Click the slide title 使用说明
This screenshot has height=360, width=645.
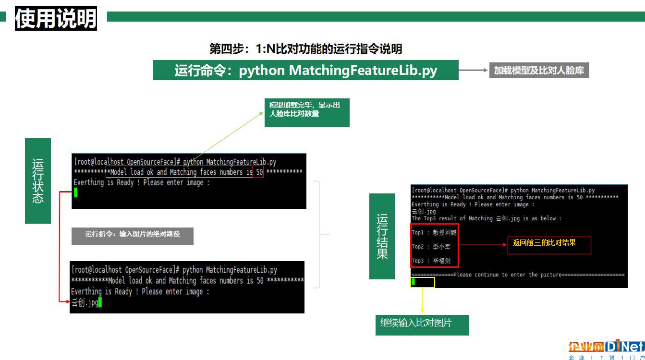click(x=56, y=18)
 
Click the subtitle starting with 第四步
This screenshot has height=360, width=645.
click(x=305, y=48)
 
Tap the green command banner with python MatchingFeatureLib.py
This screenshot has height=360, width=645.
click(x=305, y=70)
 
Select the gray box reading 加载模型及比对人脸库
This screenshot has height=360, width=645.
click(x=539, y=70)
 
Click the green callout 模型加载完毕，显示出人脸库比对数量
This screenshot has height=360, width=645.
click(x=307, y=112)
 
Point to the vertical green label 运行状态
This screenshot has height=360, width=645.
click(x=38, y=180)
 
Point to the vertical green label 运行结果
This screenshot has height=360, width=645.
click(x=382, y=236)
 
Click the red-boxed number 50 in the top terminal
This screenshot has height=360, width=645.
click(x=258, y=172)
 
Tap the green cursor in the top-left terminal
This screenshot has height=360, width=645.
click(x=75, y=192)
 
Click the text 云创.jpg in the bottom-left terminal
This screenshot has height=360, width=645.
click(x=85, y=302)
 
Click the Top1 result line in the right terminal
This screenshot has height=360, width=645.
click(x=434, y=232)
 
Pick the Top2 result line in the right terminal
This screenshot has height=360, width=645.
click(x=431, y=247)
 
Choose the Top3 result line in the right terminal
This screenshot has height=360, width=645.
click(x=431, y=261)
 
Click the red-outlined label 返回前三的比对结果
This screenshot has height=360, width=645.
click(x=549, y=245)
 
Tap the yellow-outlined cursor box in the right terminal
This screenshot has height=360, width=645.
click(x=423, y=282)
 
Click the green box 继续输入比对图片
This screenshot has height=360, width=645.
click(x=422, y=325)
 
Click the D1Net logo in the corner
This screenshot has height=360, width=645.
click(x=607, y=349)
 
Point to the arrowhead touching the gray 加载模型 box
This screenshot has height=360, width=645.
click(x=486, y=70)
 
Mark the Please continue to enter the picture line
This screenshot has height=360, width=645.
click(x=518, y=275)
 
